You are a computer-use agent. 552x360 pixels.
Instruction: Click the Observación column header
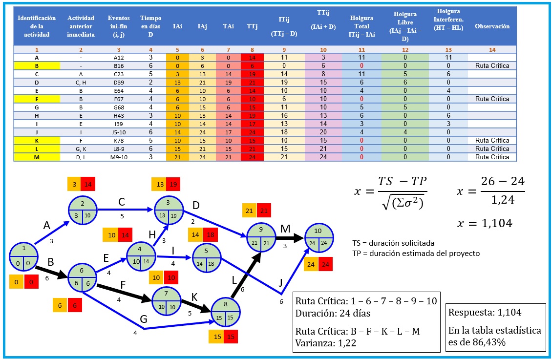(x=492, y=26)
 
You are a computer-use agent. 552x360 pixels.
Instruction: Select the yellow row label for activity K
(x=37, y=140)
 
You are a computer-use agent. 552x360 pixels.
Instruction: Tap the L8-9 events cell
(x=119, y=148)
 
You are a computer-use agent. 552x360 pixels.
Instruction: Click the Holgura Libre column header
(x=404, y=26)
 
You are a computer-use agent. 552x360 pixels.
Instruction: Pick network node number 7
(x=167, y=300)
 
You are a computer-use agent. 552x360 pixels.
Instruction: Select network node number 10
(x=319, y=235)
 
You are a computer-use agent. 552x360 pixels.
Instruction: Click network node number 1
(x=24, y=256)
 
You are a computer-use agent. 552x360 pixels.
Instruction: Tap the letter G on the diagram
(x=143, y=318)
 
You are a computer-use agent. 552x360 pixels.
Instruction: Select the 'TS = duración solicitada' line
(x=393, y=243)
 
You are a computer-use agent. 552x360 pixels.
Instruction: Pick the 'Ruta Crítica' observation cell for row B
(x=492, y=65)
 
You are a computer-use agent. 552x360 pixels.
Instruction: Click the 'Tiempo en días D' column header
(x=150, y=26)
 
